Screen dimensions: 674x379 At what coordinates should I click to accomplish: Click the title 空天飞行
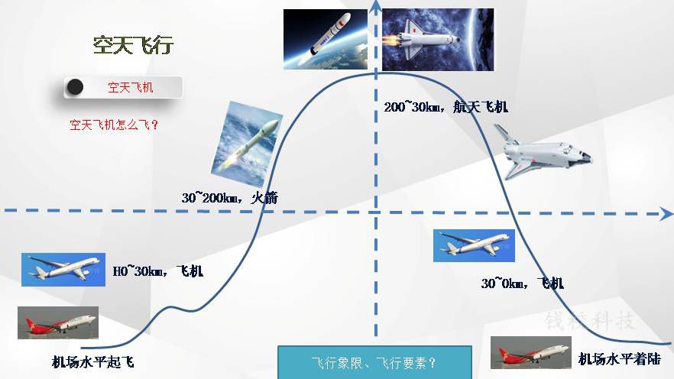coord(133,45)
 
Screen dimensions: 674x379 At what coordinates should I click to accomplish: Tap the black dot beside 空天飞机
coord(74,87)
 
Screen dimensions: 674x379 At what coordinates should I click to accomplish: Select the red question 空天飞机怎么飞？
coord(114,125)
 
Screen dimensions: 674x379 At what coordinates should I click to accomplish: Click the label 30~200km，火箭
coord(229,198)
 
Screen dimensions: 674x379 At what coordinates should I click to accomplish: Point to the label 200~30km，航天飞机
coord(446,106)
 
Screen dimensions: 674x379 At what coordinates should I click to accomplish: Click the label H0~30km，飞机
coord(157,271)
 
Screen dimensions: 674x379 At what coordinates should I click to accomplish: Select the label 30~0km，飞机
coord(522,283)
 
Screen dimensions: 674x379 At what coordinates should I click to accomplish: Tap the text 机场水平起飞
coord(93,362)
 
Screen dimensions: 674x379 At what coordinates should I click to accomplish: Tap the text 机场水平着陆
coord(620,359)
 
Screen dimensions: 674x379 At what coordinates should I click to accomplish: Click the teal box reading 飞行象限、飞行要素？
coord(374,362)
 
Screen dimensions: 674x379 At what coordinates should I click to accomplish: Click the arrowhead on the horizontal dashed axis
coord(666,213)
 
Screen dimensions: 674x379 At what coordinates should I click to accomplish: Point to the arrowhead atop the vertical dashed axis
coord(376,5)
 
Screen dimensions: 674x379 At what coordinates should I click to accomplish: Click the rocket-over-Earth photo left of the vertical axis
coord(326,39)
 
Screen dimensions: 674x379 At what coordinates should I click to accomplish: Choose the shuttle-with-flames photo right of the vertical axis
coord(438,40)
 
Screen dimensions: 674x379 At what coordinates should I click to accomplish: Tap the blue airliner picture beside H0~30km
coord(63,270)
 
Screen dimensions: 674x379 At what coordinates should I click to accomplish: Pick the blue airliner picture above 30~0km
coord(474,245)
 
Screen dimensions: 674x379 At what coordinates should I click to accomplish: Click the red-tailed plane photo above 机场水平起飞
coord(58,322)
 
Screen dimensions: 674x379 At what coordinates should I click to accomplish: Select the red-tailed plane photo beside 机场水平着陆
coord(531,352)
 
